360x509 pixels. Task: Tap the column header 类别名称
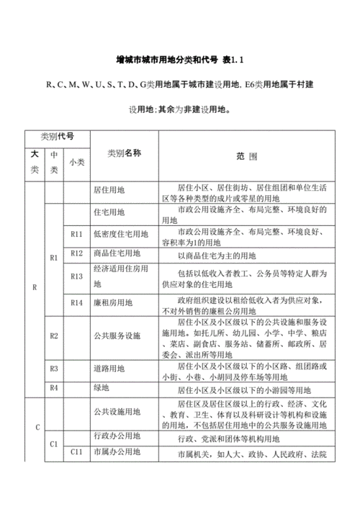tap(124, 153)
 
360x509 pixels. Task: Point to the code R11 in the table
tap(78, 234)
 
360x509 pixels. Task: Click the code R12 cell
tap(78, 253)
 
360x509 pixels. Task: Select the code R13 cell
tap(78, 276)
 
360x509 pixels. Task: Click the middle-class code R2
tap(54, 335)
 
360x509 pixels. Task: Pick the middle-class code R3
tap(54, 368)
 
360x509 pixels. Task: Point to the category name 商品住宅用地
tap(120, 254)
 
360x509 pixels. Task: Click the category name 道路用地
tap(109, 368)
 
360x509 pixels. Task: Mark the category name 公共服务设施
tap(117, 335)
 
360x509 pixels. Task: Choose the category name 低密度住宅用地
tap(121, 234)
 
